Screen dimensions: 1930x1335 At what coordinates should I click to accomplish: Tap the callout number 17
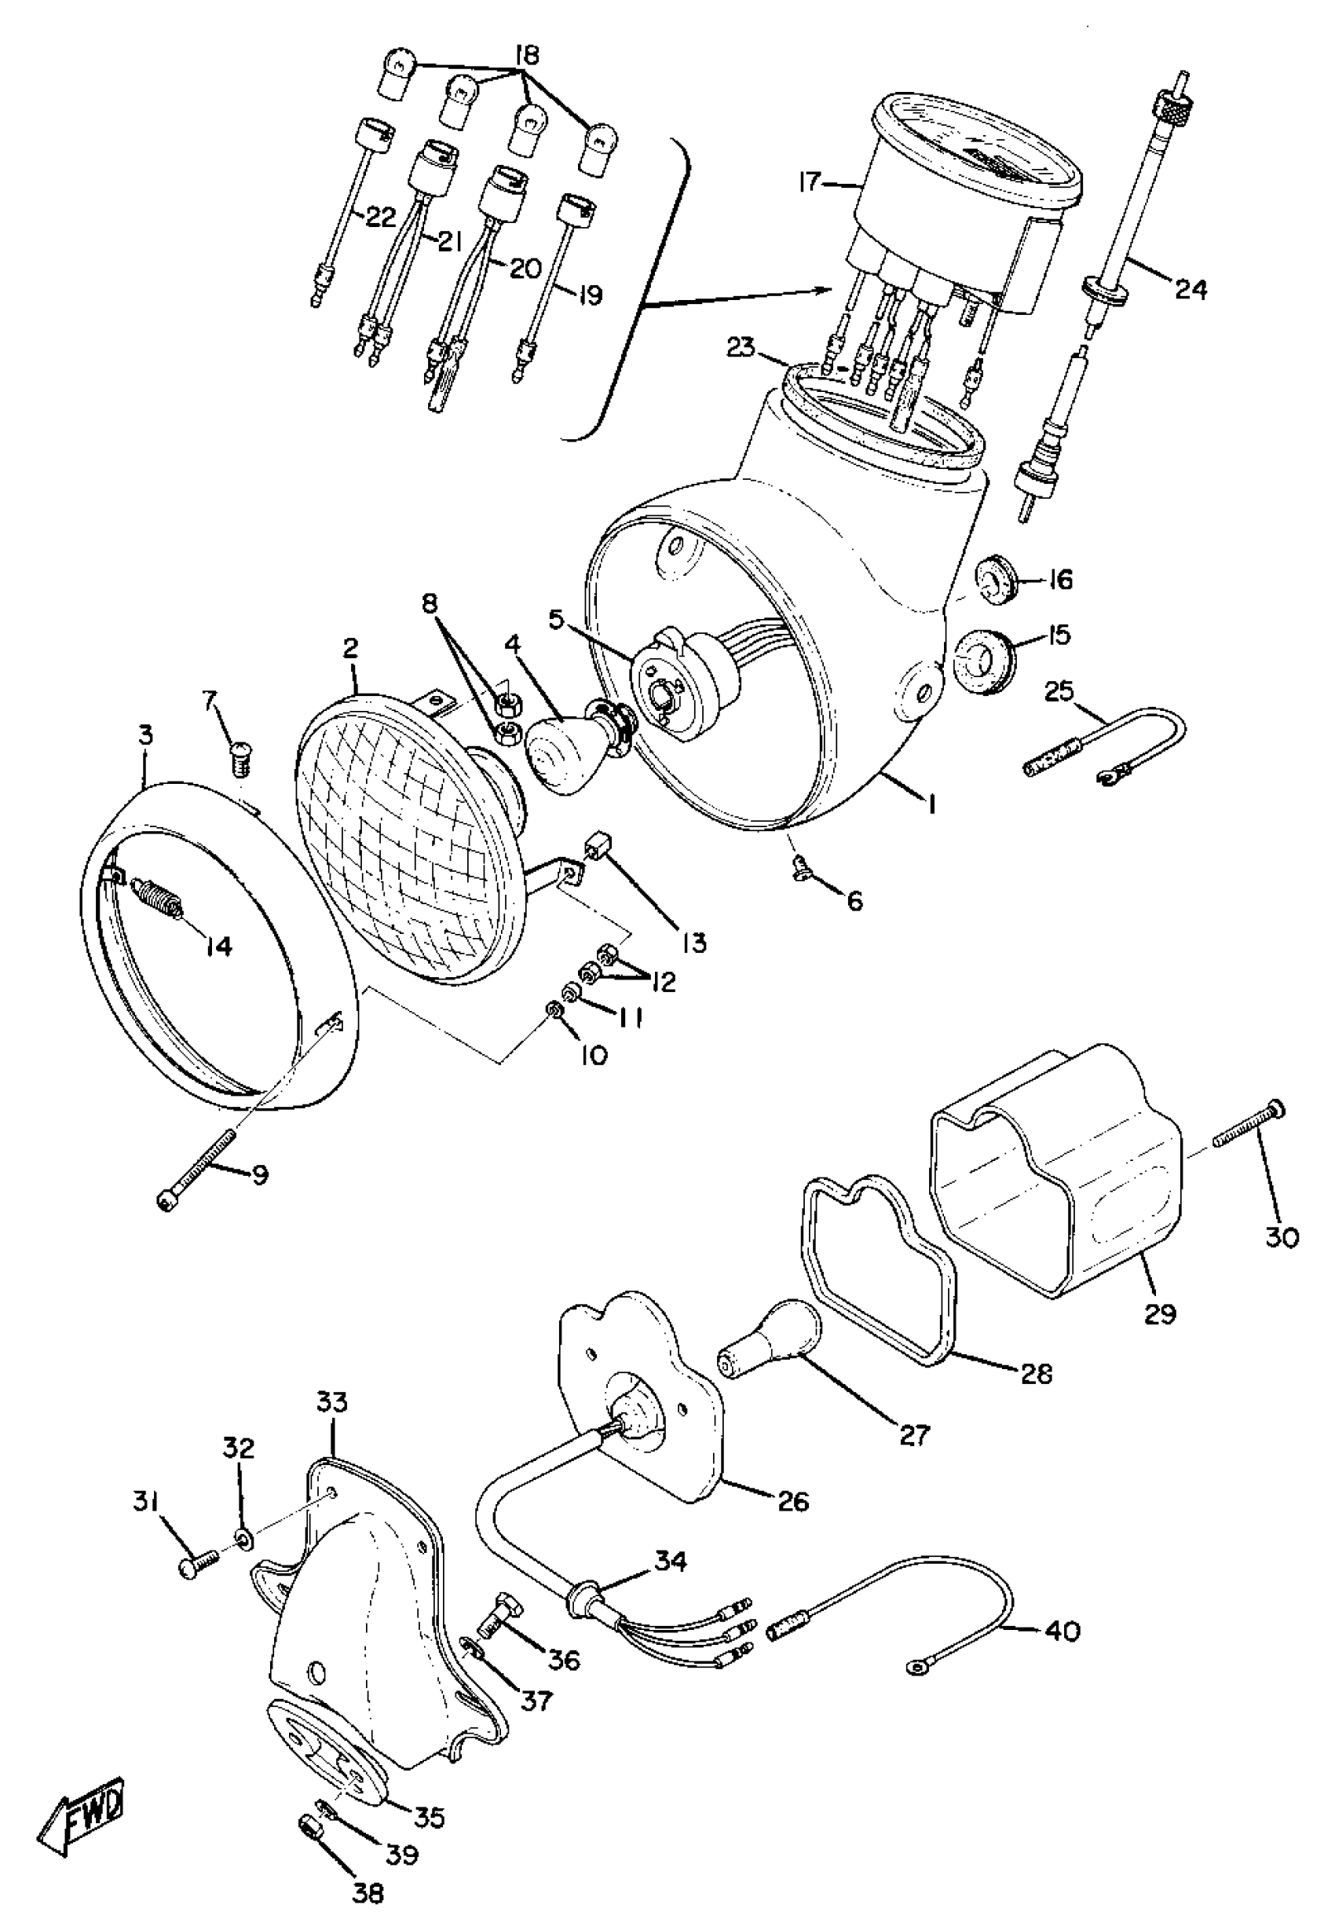810,182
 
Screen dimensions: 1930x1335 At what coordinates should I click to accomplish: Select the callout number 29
1160,1313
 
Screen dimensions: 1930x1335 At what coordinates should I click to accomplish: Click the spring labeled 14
159,899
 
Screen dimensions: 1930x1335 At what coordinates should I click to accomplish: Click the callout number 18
527,56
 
